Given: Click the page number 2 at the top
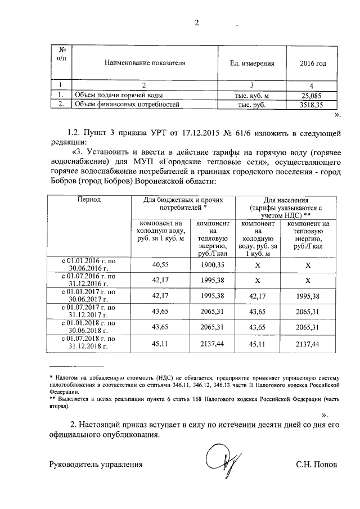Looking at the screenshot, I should point(197,23).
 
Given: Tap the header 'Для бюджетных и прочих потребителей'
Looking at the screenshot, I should point(184,204).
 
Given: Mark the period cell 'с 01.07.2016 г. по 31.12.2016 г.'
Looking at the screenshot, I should point(89,280).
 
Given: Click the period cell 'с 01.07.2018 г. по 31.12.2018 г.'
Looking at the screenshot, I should point(89,343).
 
